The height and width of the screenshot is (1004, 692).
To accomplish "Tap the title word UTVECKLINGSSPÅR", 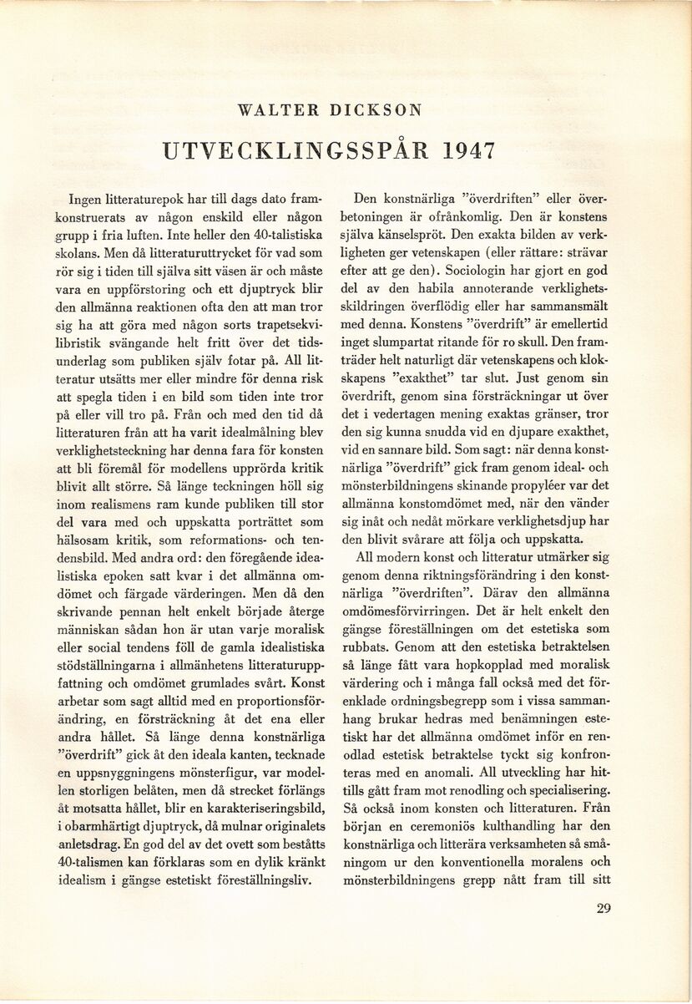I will click(x=297, y=150).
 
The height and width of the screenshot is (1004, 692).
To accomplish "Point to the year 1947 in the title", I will click(x=467, y=150).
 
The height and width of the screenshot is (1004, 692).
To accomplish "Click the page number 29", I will click(x=605, y=910).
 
